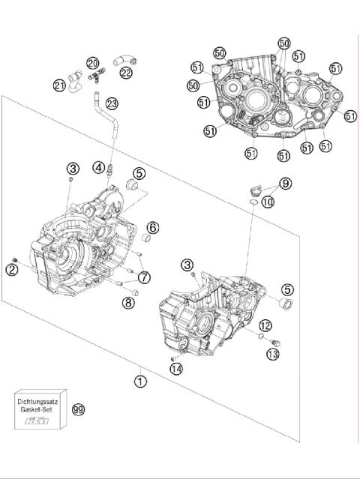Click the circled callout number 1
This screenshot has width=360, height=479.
point(140,380)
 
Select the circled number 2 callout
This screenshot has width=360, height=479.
point(12,269)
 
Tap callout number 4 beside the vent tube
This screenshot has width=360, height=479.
point(99,167)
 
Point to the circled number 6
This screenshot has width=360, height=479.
point(152,227)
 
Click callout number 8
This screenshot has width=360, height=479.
point(129,302)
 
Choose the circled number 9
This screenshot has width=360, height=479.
point(286,183)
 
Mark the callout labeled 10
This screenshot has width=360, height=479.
point(268,200)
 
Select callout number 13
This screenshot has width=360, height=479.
point(274,353)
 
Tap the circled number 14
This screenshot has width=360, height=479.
point(175,368)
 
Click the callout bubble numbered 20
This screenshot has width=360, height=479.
point(92,63)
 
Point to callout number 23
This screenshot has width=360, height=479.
point(112,103)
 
